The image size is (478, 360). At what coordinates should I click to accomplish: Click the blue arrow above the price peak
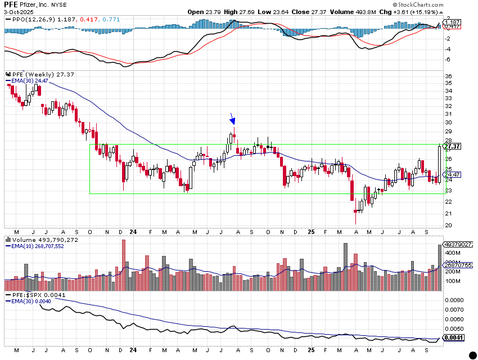point(233,119)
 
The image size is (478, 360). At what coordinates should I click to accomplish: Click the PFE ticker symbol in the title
point(11,4)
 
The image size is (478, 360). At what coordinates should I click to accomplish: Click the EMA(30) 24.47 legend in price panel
point(27,81)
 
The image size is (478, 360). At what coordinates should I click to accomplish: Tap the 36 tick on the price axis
point(448,76)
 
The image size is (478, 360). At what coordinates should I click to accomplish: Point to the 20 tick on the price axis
point(448,226)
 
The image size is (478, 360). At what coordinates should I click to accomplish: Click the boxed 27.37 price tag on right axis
point(452,146)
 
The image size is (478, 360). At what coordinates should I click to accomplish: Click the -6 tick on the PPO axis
point(448,59)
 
